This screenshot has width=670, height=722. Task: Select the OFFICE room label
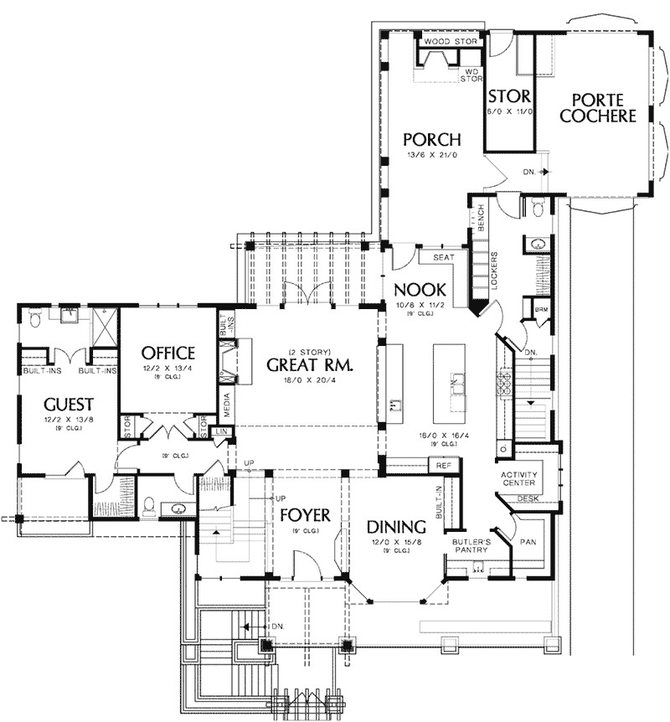pyautogui.click(x=167, y=353)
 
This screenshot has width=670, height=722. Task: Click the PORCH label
pyautogui.click(x=431, y=139)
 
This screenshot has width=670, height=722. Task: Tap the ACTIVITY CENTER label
pyautogui.click(x=519, y=478)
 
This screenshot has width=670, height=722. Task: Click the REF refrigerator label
pyautogui.click(x=441, y=464)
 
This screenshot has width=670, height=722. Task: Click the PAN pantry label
pyautogui.click(x=529, y=542)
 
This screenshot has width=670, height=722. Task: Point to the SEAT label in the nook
pyautogui.click(x=443, y=257)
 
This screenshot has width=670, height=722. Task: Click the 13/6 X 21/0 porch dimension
pyautogui.click(x=431, y=157)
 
